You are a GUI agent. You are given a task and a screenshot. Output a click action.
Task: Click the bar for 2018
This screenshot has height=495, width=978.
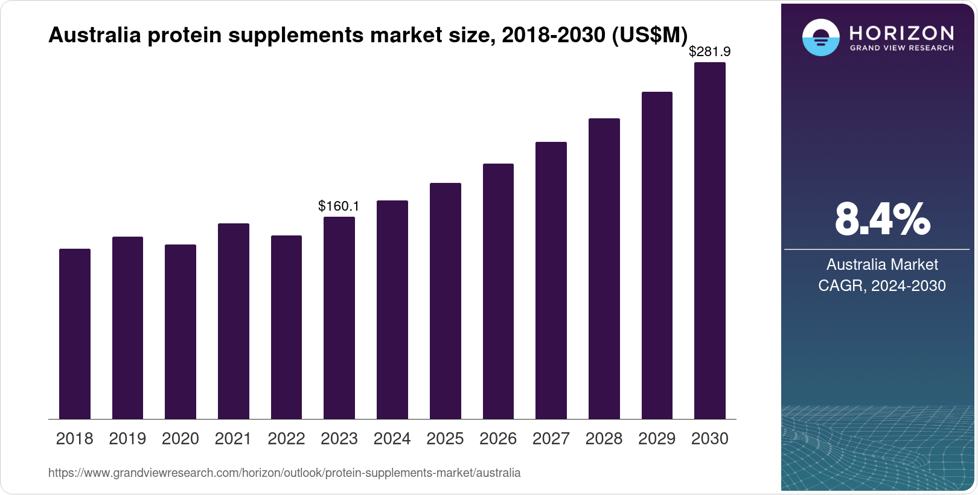pyautogui.click(x=75, y=334)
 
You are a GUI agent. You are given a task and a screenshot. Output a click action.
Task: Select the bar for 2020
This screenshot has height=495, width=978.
pyautogui.click(x=181, y=331)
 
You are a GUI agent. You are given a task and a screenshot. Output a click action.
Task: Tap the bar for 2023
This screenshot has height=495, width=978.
pyautogui.click(x=339, y=318)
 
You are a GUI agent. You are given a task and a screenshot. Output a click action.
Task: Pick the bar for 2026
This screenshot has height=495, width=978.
pyautogui.click(x=498, y=291)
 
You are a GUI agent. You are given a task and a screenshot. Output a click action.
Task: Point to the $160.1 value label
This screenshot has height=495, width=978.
pyautogui.click(x=339, y=206)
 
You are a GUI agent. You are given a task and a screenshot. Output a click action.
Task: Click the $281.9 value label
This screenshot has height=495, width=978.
pyautogui.click(x=710, y=52)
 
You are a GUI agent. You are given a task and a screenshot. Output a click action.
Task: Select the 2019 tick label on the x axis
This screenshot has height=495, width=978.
pyautogui.click(x=127, y=439)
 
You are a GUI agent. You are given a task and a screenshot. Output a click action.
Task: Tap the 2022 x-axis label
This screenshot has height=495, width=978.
pyautogui.click(x=286, y=439)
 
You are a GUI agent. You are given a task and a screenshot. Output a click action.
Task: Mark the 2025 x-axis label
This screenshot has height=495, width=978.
pyautogui.click(x=445, y=439)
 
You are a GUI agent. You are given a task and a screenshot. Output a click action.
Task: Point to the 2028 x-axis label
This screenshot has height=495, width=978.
pyautogui.click(x=604, y=439)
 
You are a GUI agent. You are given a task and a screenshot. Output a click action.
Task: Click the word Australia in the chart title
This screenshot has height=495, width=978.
pyautogui.click(x=95, y=36)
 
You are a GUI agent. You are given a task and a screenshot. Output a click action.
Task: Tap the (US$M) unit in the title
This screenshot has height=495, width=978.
pyautogui.click(x=650, y=36)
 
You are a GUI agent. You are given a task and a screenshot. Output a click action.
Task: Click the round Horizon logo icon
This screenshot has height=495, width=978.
pyautogui.click(x=820, y=37)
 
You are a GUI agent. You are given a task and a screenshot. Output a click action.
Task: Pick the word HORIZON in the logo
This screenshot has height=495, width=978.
pyautogui.click(x=902, y=33)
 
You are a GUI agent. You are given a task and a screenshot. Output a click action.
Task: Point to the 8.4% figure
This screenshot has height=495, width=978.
pyautogui.click(x=882, y=220)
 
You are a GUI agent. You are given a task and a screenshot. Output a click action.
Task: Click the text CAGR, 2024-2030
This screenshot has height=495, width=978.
pyautogui.click(x=882, y=286)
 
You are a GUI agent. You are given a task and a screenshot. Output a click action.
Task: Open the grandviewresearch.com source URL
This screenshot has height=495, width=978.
pyautogui.click(x=284, y=473)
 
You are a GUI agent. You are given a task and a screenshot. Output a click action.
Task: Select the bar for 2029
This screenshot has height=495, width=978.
pyautogui.click(x=657, y=255)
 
